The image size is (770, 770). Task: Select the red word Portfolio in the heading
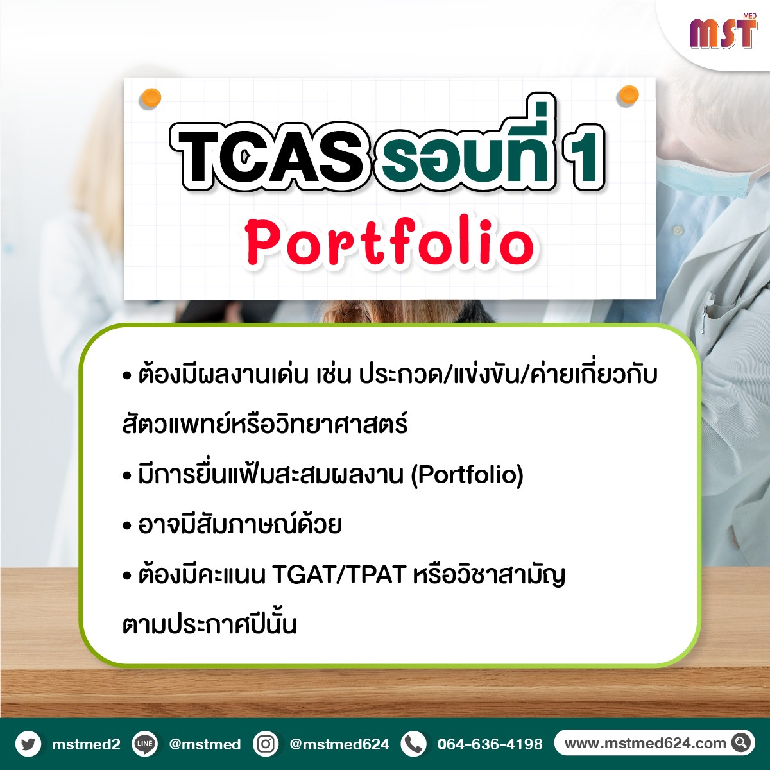pyautogui.click(x=391, y=243)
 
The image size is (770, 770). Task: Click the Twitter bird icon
pyautogui.click(x=28, y=743)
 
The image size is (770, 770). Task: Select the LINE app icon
pyautogui.click(x=144, y=743)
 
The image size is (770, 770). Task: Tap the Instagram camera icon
pyautogui.click(x=266, y=743)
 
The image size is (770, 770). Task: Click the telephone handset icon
pyautogui.click(x=414, y=743)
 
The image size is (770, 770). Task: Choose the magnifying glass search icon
pyautogui.click(x=741, y=743)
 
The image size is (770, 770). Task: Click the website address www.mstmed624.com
pyautogui.click(x=645, y=743)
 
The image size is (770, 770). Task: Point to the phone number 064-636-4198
pyautogui.click(x=490, y=744)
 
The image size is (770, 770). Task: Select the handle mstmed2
pyautogui.click(x=86, y=744)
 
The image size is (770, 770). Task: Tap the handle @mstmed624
pyautogui.click(x=339, y=744)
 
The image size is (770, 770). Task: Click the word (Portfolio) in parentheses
pyautogui.click(x=467, y=475)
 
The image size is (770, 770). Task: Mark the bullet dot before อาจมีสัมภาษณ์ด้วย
pyautogui.click(x=127, y=527)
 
